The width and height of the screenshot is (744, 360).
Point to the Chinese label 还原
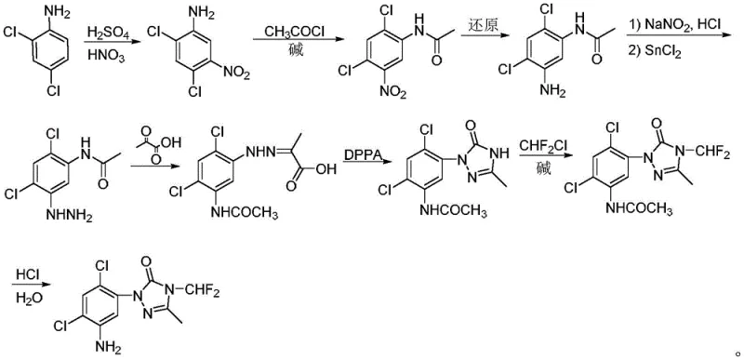tap(477, 33)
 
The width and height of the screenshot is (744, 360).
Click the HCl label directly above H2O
tap(26, 278)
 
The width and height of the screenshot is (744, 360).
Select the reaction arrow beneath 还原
tap(477, 44)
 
